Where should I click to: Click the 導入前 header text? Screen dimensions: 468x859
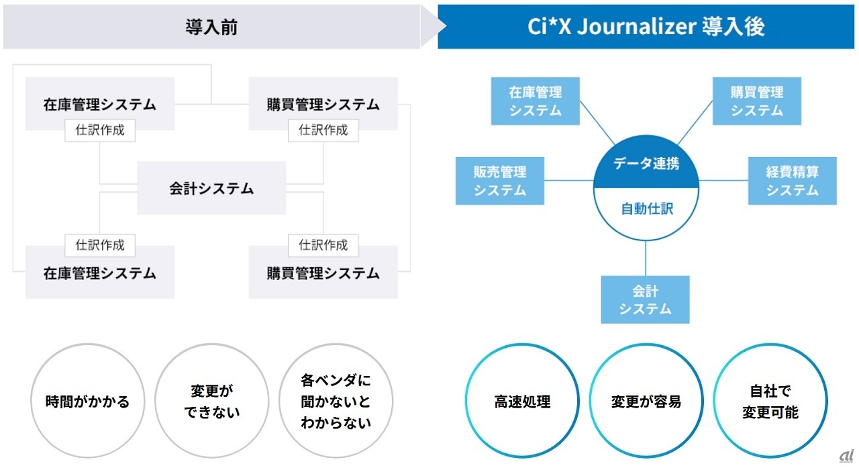click(211, 27)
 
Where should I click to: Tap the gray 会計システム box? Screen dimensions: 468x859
click(211, 188)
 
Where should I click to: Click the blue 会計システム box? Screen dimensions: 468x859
click(645, 300)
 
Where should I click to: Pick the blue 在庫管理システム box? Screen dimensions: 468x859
click(535, 101)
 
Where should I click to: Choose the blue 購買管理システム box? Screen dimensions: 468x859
click(756, 101)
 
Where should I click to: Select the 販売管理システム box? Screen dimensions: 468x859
click(499, 181)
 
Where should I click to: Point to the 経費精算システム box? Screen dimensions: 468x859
click(792, 181)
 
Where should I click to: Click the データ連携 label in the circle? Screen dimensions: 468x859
click(646, 163)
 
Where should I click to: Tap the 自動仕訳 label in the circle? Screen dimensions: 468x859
click(646, 209)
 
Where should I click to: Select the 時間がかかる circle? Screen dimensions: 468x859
click(87, 402)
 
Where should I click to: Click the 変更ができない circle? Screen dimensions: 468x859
click(211, 402)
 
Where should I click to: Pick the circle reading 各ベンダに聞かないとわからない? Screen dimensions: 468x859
click(336, 402)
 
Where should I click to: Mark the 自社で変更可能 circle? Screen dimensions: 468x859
click(770, 402)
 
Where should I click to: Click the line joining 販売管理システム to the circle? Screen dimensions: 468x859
click(569, 181)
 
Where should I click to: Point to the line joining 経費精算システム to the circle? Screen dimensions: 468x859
click(723, 181)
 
